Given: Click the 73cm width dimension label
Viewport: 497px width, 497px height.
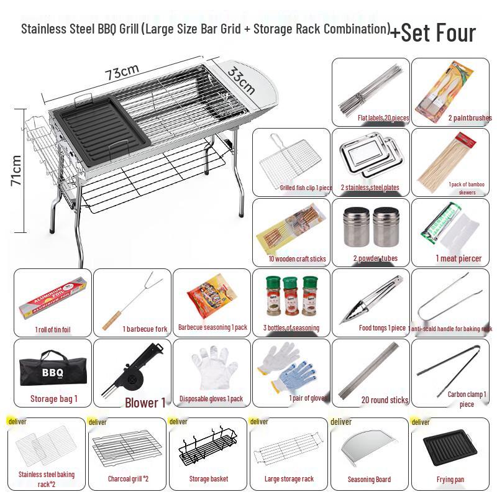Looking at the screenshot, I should tap(122, 71).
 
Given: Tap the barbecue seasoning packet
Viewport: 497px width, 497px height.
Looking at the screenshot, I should tap(211, 298).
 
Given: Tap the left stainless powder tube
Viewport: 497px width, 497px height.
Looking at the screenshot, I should tap(354, 228).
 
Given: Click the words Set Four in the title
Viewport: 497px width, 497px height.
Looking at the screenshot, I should tap(439, 32).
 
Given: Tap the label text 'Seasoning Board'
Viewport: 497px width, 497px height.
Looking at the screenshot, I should tap(369, 479).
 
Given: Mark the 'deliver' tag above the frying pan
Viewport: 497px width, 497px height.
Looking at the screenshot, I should tap(421, 422).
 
